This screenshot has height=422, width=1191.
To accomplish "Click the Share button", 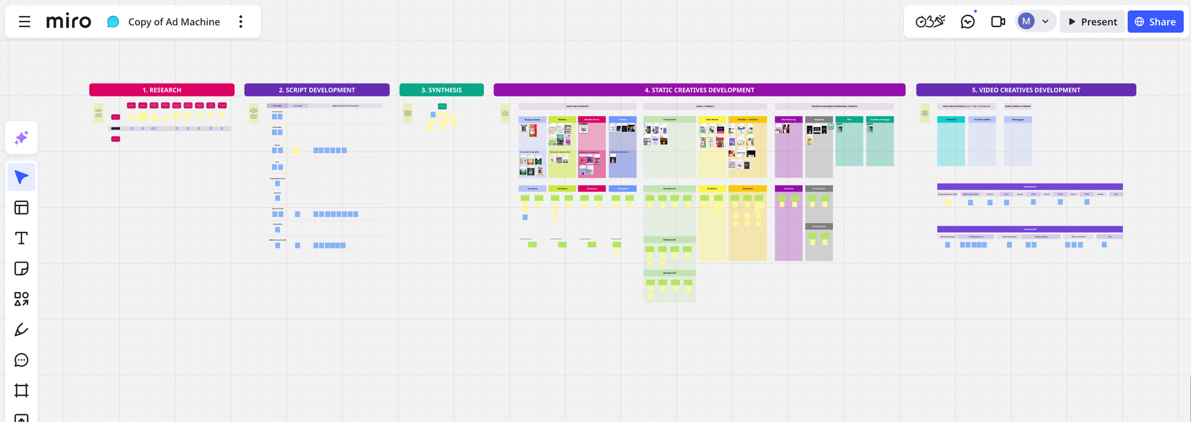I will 1155,22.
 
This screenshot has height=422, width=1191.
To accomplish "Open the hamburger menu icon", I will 24,22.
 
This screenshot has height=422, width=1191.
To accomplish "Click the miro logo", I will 68,22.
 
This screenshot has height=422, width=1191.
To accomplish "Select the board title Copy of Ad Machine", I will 174,22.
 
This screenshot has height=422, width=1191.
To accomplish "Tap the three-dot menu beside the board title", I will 241,22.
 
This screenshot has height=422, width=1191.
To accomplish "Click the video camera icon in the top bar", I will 998,22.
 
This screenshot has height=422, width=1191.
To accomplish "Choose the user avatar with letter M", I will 1026,21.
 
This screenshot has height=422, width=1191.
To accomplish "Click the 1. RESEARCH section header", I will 162,90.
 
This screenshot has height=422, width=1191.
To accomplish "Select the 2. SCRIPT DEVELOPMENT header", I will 317,90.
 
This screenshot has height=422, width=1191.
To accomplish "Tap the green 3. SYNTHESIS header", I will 441,90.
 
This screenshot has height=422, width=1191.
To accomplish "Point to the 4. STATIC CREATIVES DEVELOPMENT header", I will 699,90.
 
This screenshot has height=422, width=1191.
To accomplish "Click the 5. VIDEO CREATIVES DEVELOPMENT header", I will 1025,90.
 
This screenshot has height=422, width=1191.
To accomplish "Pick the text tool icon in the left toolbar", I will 21,238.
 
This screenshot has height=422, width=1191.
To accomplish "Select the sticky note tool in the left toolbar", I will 21,269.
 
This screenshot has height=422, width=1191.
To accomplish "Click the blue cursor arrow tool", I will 21,178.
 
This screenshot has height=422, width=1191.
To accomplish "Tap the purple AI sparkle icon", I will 21,138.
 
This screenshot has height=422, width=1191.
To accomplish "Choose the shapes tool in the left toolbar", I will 21,299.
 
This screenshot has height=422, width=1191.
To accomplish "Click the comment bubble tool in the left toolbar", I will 21,360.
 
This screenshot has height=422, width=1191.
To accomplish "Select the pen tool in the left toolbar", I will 21,330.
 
